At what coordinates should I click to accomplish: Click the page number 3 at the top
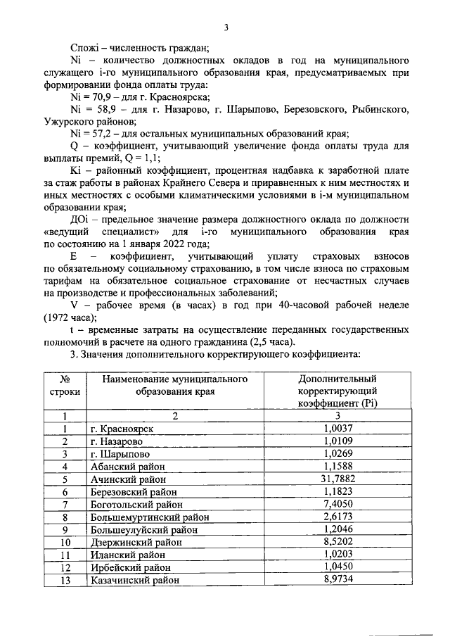point(226,28)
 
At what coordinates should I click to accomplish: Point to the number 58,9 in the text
point(105,110)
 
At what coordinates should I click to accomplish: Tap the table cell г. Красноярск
point(122,428)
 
